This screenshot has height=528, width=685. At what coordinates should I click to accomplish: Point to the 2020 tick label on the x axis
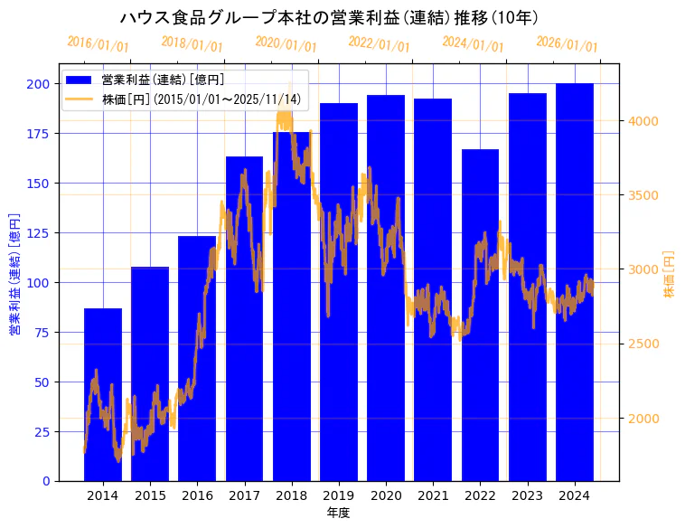pyautogui.click(x=386, y=495)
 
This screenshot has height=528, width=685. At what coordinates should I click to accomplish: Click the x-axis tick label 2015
pyautogui.click(x=150, y=495)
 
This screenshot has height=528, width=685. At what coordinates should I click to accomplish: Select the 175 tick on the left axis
pyautogui.click(x=38, y=134)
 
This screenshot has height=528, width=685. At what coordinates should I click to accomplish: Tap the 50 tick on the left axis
pyautogui.click(x=42, y=382)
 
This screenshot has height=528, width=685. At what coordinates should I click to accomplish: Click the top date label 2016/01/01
pyautogui.click(x=99, y=44)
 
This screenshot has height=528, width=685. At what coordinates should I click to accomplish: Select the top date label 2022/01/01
pyautogui.click(x=379, y=44)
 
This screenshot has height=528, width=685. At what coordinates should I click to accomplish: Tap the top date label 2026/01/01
pyautogui.click(x=567, y=44)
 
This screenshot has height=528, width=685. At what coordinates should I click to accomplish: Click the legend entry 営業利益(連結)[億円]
pyautogui.click(x=163, y=80)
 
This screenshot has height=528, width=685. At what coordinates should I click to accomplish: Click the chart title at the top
pyautogui.click(x=329, y=18)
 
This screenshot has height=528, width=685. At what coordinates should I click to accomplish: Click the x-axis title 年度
pyautogui.click(x=338, y=513)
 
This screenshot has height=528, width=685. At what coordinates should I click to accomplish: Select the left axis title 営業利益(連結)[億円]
pyautogui.click(x=14, y=274)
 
